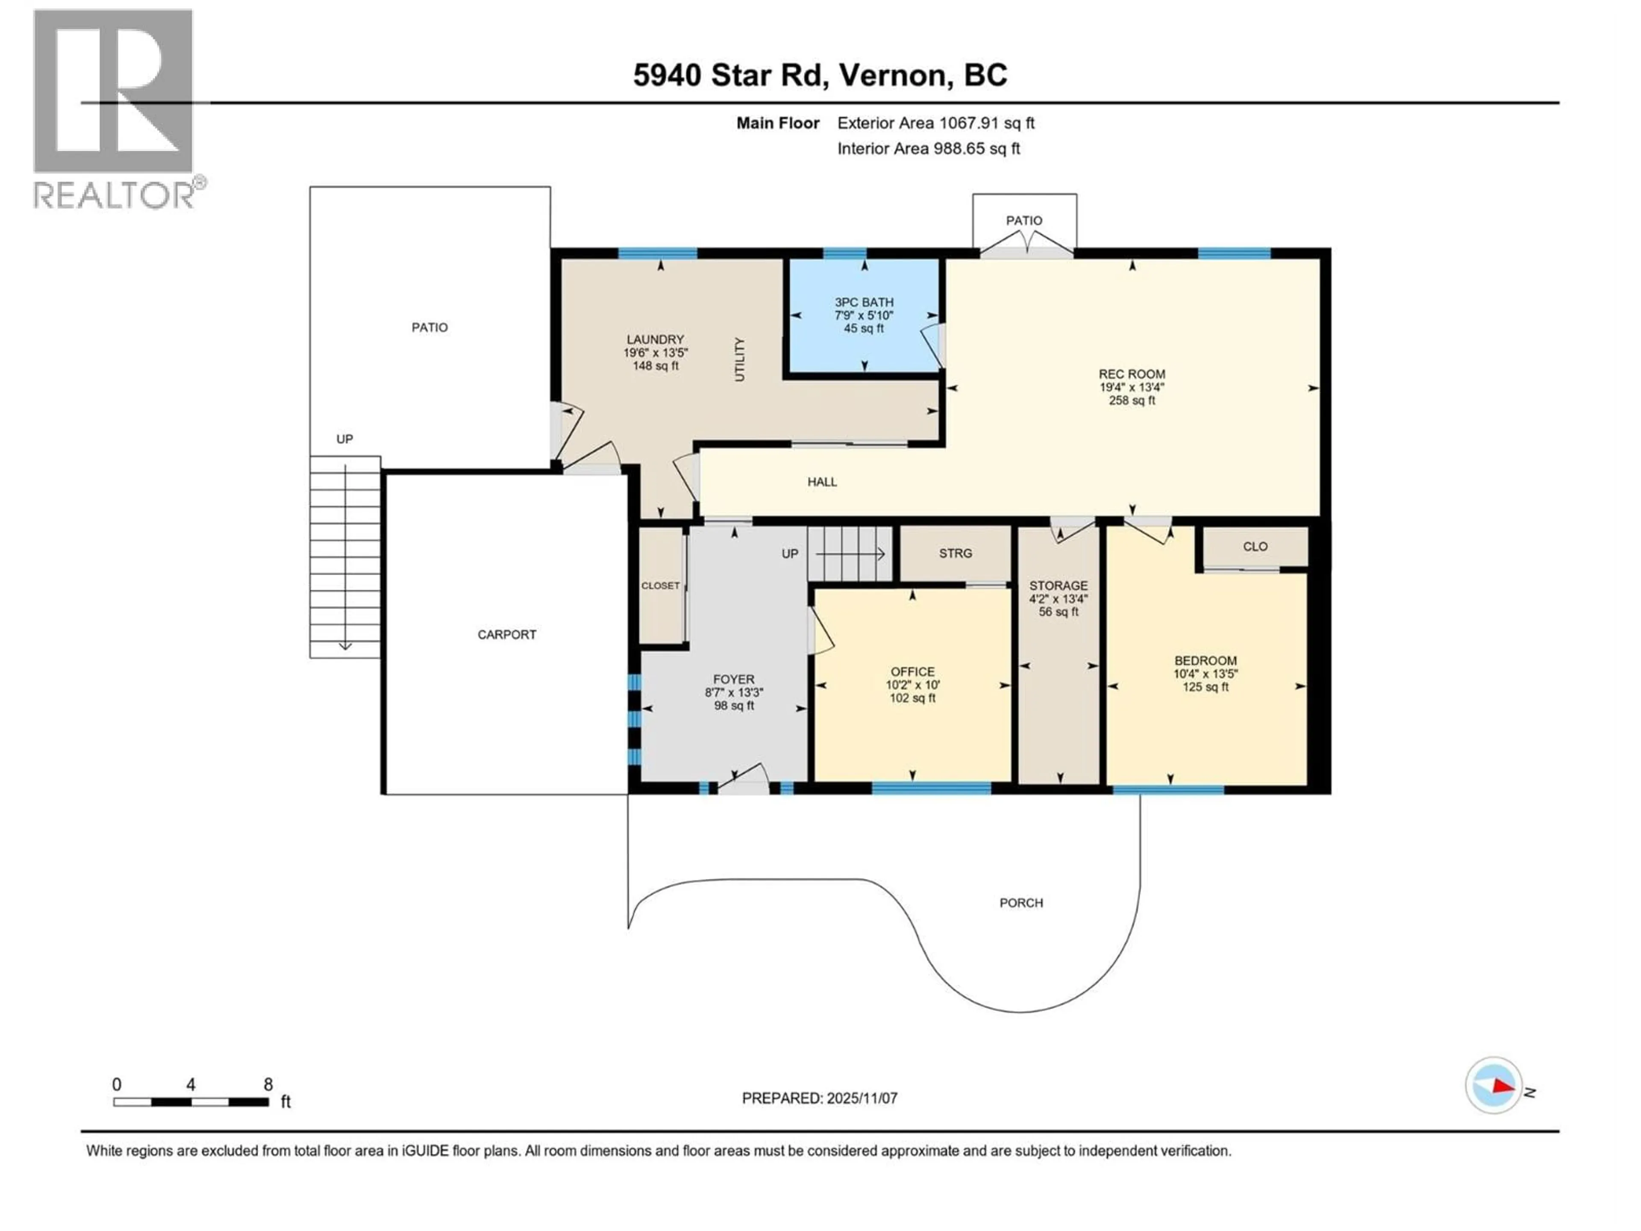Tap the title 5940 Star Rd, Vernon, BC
coord(820,75)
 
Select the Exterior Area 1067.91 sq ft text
coord(935,123)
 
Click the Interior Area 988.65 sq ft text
coord(928,148)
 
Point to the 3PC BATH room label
coord(864,302)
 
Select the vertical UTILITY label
coord(739,360)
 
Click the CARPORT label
coord(507,634)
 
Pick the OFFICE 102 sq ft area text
coord(912,698)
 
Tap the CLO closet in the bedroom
coord(1255,547)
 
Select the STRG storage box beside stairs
coord(955,554)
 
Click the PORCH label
coord(1021,903)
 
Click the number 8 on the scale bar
coord(268,1085)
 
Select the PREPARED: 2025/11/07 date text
coord(819,1098)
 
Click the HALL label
coord(822,482)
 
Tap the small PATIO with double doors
coord(1024,221)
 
